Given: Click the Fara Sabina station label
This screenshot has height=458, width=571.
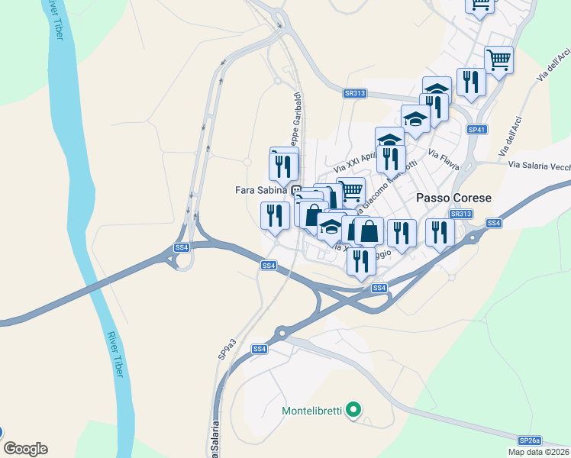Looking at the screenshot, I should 260,189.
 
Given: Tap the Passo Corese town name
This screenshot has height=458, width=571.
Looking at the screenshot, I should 453,197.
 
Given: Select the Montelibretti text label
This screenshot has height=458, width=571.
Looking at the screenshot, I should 311,411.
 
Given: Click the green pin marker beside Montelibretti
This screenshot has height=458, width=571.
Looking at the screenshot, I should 352,411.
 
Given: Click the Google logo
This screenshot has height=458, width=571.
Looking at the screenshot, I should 25,449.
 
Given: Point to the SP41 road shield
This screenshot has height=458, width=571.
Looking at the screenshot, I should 477,130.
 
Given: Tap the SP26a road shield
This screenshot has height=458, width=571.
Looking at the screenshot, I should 529,440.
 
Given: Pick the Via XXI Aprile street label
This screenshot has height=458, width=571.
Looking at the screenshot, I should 356,161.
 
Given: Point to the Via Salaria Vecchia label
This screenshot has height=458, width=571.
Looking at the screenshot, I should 539,164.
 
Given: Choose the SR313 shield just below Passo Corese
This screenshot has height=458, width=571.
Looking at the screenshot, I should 460,214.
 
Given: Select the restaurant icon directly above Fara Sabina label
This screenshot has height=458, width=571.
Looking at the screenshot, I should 284,164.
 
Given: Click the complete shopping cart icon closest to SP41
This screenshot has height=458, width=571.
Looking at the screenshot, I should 498,60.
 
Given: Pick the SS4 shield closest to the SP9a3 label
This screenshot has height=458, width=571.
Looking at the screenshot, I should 260,349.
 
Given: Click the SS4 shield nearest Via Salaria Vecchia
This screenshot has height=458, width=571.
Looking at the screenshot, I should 493,223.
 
